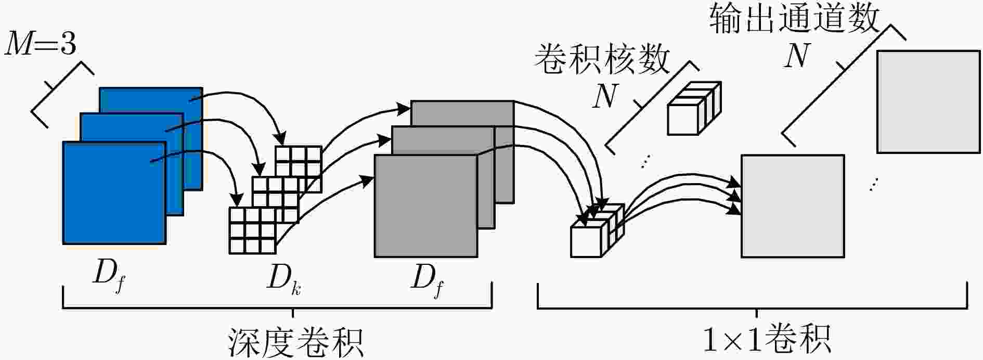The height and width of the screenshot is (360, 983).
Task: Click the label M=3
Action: tap(40, 45)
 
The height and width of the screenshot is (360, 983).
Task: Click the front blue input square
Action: tap(114, 192)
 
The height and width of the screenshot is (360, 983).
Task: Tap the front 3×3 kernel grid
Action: tap(252, 230)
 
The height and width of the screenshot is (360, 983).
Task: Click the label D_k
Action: tap(284, 281)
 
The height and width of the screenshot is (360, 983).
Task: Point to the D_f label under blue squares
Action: tap(109, 281)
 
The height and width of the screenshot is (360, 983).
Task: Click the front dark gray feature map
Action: tap(426, 206)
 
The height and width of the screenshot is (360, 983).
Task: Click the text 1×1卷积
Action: tap(766, 339)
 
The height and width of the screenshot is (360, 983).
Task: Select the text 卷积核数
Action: tap(602, 58)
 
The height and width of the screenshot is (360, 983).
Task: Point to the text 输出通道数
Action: tap(794, 19)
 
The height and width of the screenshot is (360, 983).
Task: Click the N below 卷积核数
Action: tap(605, 96)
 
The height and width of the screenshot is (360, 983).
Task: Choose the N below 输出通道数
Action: tap(797, 56)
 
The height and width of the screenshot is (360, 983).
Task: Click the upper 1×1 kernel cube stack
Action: tap(694, 109)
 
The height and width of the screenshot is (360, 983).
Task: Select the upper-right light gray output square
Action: tap(928, 101)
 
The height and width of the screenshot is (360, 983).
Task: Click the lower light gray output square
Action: tap(792, 206)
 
